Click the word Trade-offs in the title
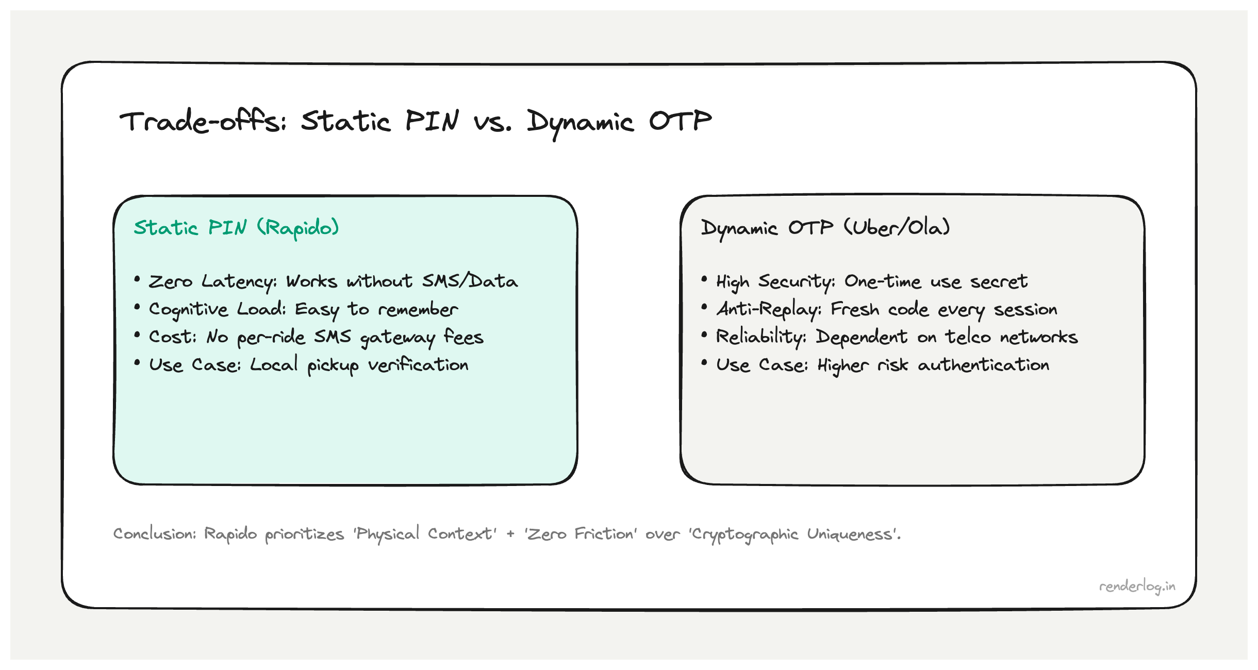tap(203, 122)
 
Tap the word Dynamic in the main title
tap(580, 123)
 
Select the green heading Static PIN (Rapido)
tap(236, 228)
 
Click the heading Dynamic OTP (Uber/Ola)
tap(825, 228)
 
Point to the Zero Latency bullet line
tap(333, 281)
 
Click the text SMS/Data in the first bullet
tap(470, 281)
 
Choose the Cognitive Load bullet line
tap(303, 309)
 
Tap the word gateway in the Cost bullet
tap(398, 338)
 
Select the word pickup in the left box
tap(333, 365)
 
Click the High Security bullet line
tap(871, 281)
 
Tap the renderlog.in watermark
tap(1137, 587)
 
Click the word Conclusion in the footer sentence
tap(154, 534)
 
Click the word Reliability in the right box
tap(761, 337)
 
